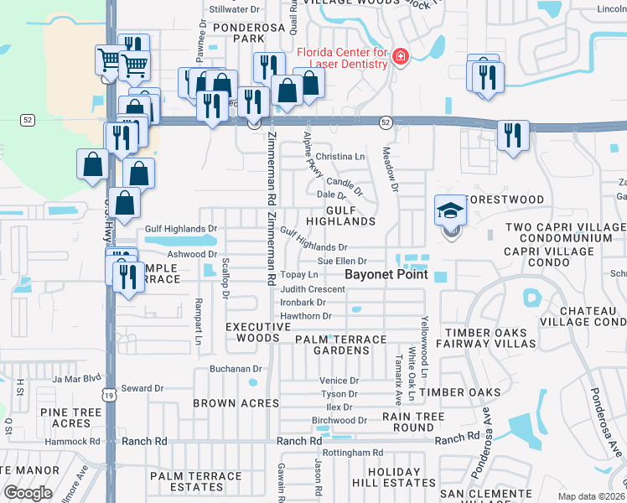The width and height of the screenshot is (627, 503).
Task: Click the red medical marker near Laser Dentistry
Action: coord(401,57)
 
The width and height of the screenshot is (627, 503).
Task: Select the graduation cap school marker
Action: coord(450,211)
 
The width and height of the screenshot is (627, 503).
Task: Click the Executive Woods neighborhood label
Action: coord(252,332)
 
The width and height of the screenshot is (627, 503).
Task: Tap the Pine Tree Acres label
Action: coord(65,417)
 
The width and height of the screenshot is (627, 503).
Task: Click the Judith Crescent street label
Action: coord(313,289)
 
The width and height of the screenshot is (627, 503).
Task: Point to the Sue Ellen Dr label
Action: coord(342,262)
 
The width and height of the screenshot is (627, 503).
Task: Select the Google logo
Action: coord(28,492)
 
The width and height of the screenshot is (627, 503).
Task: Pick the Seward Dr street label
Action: coord(140,388)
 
